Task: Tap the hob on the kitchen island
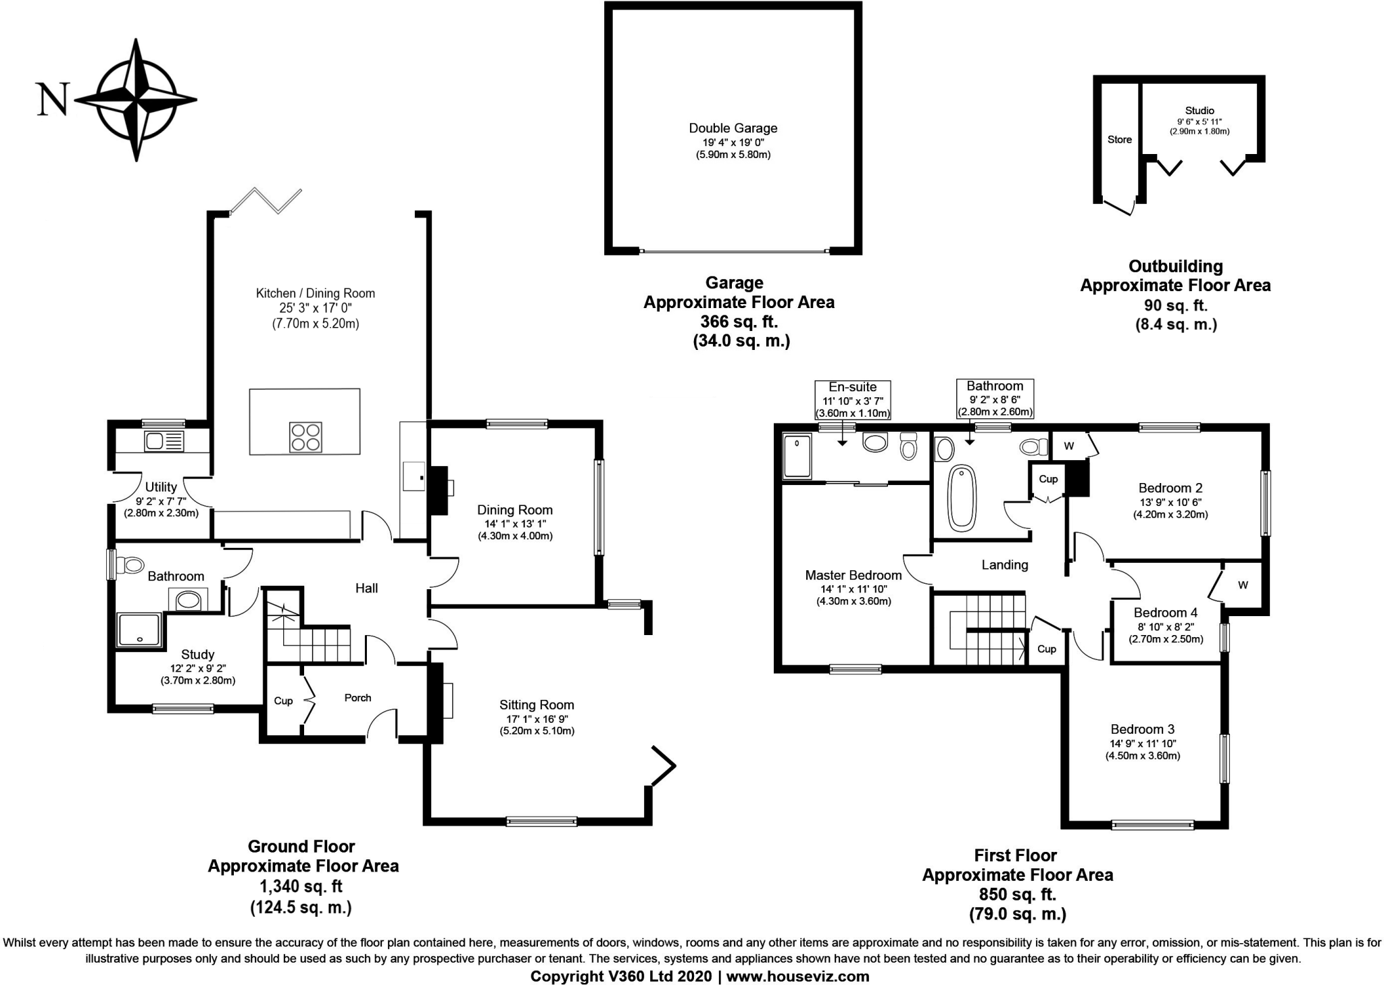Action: [x=305, y=436]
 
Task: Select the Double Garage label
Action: [x=733, y=128]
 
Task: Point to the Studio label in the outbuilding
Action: [x=1200, y=110]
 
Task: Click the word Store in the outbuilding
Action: [x=1119, y=139]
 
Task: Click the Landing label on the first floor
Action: [x=1004, y=565]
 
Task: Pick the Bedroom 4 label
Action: [x=1165, y=613]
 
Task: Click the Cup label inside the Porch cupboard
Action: [x=283, y=701]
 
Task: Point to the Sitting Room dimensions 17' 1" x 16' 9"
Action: [x=537, y=718]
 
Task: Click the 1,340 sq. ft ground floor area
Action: [x=301, y=886]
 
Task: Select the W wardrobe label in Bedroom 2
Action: [x=1068, y=446]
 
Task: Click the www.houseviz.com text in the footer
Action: [x=797, y=976]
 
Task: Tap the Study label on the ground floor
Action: [x=197, y=654]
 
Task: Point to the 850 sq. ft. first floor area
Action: [x=1017, y=894]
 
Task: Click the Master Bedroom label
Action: [x=853, y=575]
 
